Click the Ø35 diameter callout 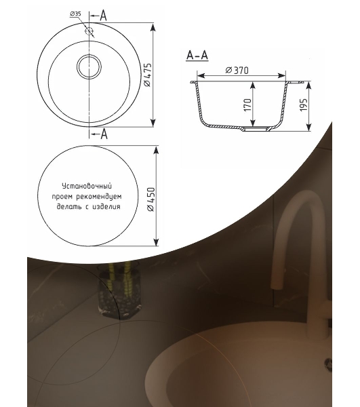point(75,14)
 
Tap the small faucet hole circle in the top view point(89,31)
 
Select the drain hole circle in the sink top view point(89,66)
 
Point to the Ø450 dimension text point(151,199)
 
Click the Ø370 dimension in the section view point(237,70)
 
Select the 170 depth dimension point(248,105)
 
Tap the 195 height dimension point(303,104)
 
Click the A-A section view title point(197,56)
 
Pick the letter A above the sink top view point(103,16)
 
